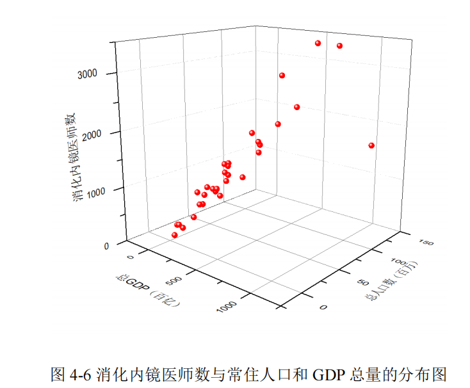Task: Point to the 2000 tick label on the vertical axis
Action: point(88,133)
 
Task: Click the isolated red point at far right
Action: point(371,145)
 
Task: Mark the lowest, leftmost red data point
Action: point(175,235)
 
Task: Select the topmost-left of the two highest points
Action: point(318,43)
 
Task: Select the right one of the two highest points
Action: point(339,45)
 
